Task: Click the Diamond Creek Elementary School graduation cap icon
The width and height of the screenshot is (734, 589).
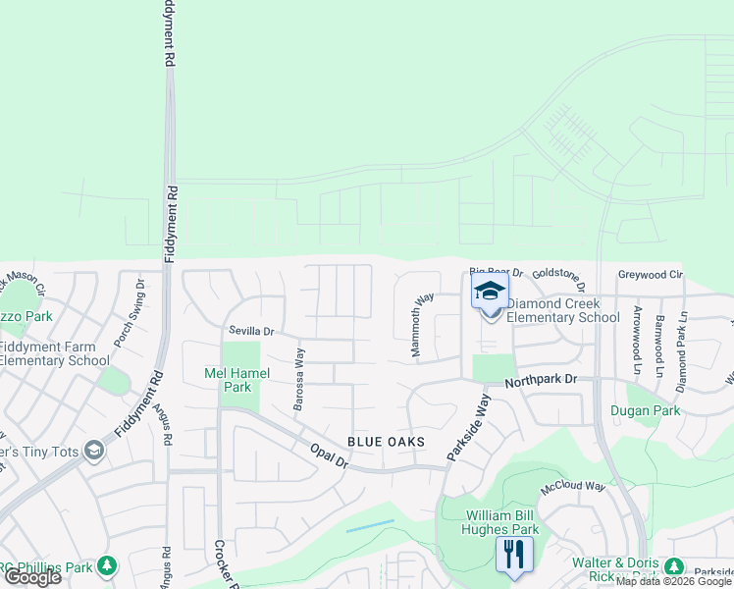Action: click(490, 291)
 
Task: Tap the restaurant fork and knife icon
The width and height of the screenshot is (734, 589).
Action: click(513, 554)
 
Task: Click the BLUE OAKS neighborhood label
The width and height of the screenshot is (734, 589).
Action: click(387, 442)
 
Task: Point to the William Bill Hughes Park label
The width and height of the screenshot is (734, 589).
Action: click(488, 522)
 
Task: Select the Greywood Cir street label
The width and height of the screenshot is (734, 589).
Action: click(650, 275)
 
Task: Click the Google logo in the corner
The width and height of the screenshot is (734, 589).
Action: click(32, 577)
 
